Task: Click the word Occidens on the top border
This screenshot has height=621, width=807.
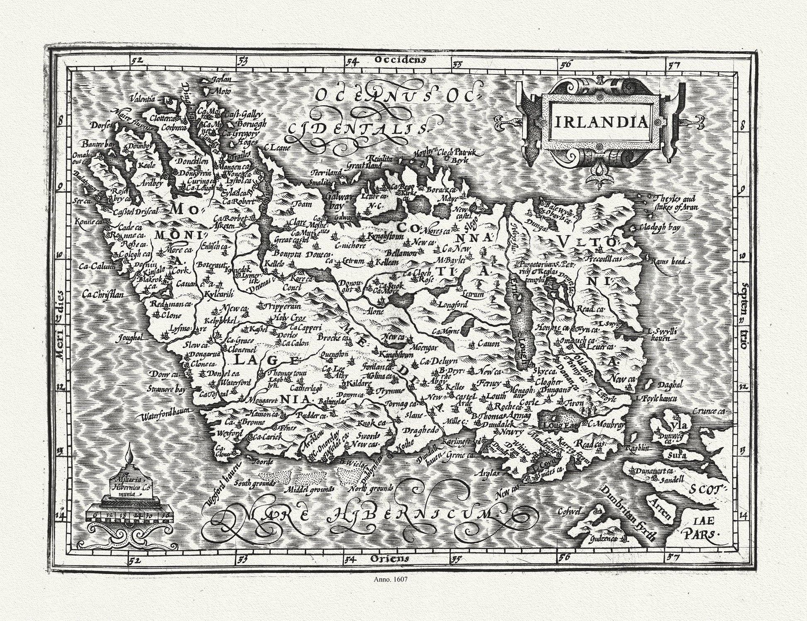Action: (400, 60)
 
